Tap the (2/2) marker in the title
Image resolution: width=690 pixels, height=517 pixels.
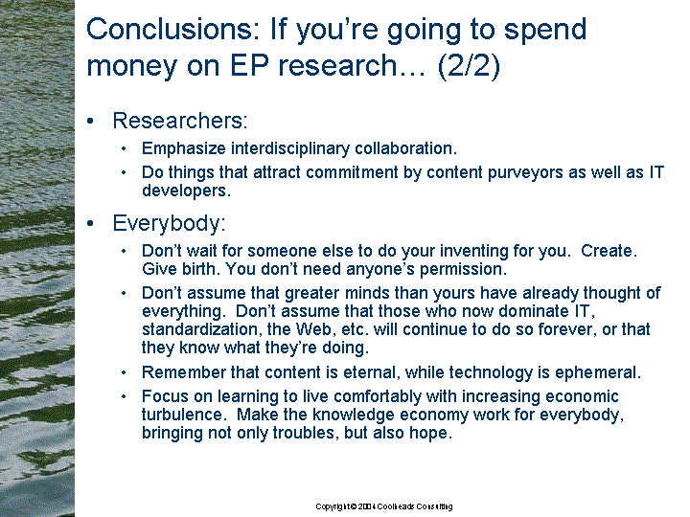pos(469,65)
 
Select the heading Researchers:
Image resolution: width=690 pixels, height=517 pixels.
pos(180,121)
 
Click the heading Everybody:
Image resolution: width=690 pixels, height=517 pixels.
pos(169,223)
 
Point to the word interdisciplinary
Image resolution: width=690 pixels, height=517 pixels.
pos(290,148)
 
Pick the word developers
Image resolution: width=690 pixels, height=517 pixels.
pos(186,191)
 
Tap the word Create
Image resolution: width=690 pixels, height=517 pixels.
pos(609,251)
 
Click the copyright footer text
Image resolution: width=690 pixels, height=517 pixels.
pos(384,506)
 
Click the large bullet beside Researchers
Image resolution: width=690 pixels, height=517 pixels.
pos(91,122)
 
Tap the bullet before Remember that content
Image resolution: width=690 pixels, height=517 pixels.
pos(124,373)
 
